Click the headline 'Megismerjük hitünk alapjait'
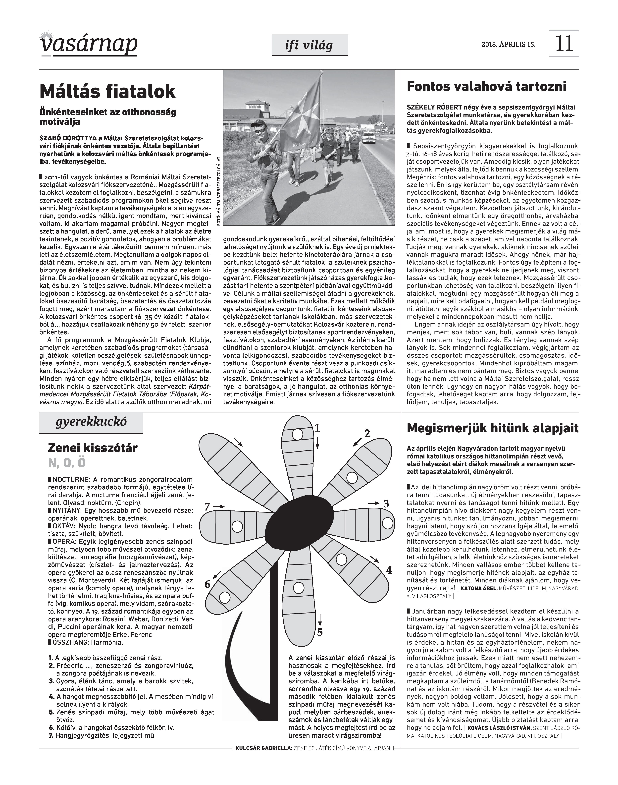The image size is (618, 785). click(493, 428)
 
